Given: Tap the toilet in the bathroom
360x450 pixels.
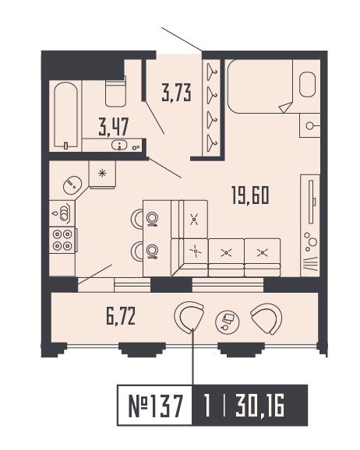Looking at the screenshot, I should tap(115, 92).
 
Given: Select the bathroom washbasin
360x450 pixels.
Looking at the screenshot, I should tap(120, 145).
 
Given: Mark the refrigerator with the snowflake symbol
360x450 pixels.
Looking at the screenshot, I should tap(102, 174).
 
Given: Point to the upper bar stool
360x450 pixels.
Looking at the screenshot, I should tap(152, 219).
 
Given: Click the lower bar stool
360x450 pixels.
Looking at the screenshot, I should tap(152, 250).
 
